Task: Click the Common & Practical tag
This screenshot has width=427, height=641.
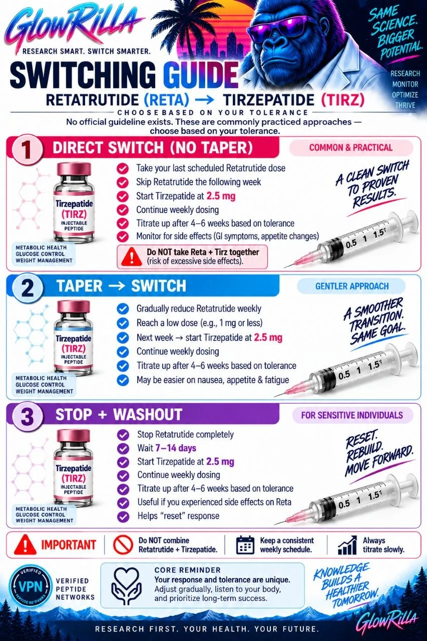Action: (x=351, y=148)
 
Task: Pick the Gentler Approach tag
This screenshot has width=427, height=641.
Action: (x=352, y=286)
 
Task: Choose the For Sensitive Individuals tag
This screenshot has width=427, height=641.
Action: (x=352, y=415)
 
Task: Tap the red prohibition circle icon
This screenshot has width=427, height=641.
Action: (x=123, y=545)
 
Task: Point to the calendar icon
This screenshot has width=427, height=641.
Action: (x=245, y=545)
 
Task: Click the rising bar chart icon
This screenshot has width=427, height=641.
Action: (x=347, y=545)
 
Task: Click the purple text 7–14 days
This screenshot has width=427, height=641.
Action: (x=176, y=448)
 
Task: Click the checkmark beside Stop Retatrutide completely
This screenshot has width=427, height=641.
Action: (x=123, y=435)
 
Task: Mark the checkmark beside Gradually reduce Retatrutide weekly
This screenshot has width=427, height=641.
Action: (x=123, y=309)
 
